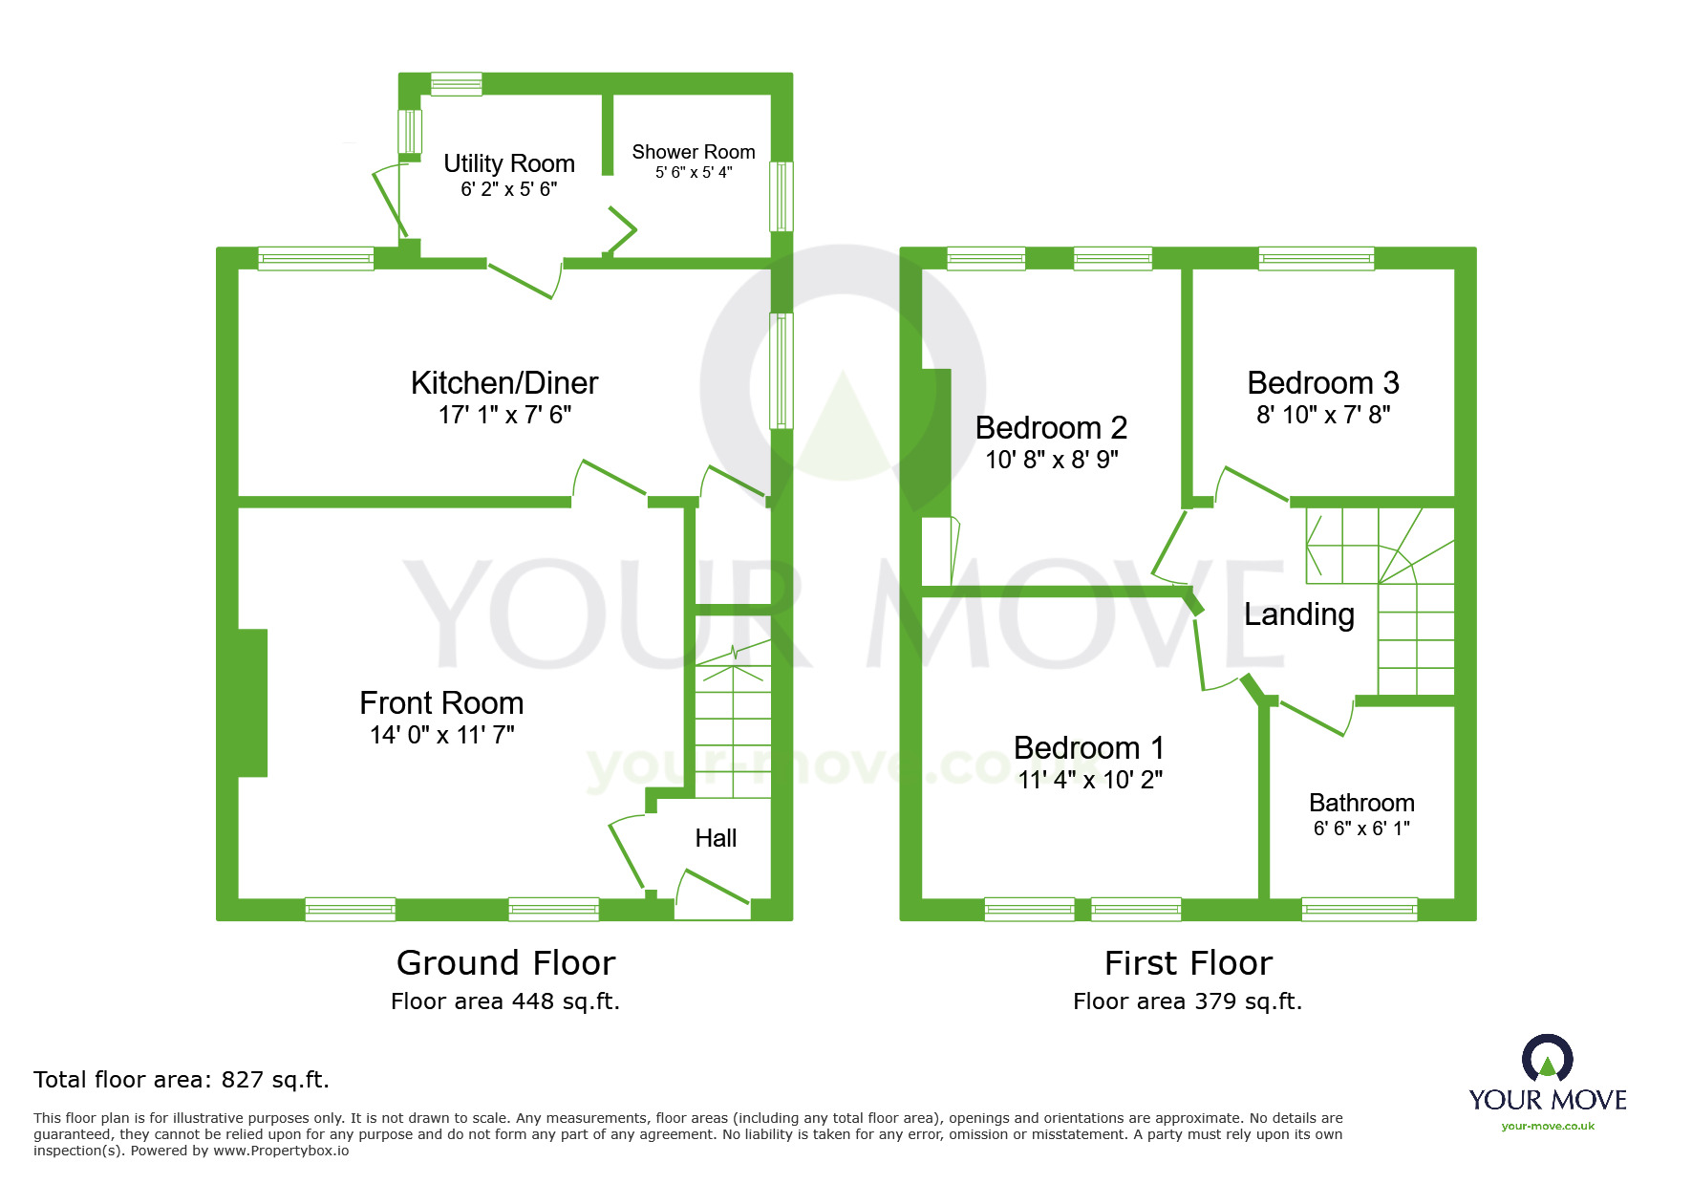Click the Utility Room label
(x=508, y=163)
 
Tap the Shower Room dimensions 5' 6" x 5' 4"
(x=694, y=173)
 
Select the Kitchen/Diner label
(x=504, y=383)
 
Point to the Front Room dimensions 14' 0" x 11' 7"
(x=442, y=735)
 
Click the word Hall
(x=716, y=838)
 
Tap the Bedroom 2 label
(x=1051, y=428)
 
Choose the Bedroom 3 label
(x=1323, y=383)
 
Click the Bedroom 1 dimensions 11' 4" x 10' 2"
(x=1090, y=780)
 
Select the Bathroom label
(x=1361, y=803)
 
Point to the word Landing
(x=1299, y=614)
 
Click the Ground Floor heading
(x=505, y=962)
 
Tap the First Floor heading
(x=1189, y=962)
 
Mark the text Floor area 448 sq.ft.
(x=505, y=1001)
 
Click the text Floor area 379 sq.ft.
(x=1188, y=1001)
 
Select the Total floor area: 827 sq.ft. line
(x=182, y=1080)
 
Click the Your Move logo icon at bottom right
(x=1548, y=1059)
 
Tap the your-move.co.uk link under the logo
(x=1548, y=1126)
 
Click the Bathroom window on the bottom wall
(x=1360, y=909)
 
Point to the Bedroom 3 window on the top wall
(x=1317, y=258)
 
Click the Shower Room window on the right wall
(x=782, y=196)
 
